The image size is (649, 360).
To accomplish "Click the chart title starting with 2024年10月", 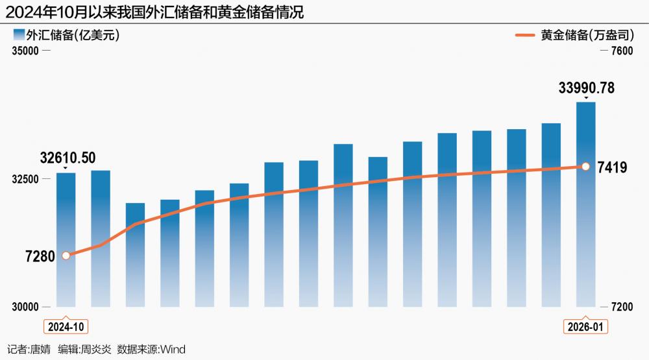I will (x=155, y=12).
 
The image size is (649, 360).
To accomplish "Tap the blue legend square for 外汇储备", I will (x=18, y=35).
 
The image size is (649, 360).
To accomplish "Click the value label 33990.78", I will (x=586, y=88).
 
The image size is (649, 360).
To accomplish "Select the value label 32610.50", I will (x=67, y=158).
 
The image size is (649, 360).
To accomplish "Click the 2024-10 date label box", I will (x=66, y=326).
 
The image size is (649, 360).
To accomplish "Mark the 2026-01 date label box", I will (x=585, y=326).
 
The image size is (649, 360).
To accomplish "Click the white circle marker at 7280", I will (x=66, y=256).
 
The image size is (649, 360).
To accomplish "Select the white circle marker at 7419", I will (x=585, y=167).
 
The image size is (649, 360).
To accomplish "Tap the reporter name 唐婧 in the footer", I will (x=40, y=350).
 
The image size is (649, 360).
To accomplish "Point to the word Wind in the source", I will (x=173, y=350).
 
